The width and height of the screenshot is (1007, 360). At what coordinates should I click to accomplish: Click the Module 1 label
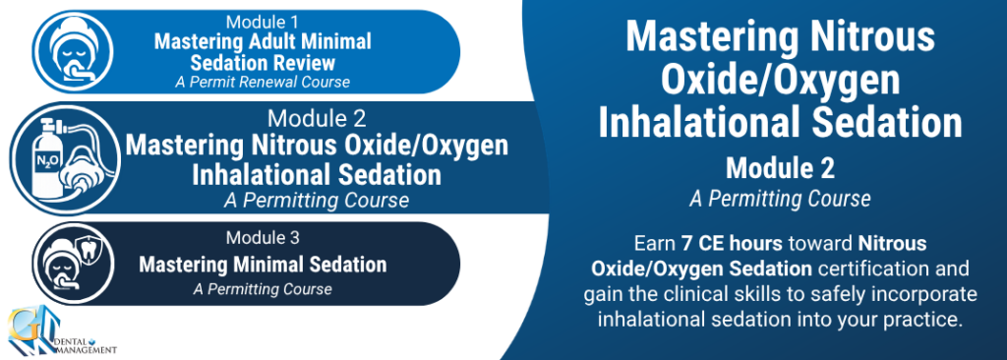(x=263, y=22)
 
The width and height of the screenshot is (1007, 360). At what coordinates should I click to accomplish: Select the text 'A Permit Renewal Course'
(x=263, y=83)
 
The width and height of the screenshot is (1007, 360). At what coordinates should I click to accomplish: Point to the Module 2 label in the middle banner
(x=317, y=118)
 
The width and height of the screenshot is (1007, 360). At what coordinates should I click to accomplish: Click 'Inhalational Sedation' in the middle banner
(x=317, y=175)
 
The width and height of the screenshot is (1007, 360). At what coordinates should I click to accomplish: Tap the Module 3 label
(x=263, y=238)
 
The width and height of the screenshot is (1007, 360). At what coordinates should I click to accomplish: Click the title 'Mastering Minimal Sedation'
(x=263, y=265)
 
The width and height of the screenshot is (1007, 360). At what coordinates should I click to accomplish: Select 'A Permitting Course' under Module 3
(x=263, y=289)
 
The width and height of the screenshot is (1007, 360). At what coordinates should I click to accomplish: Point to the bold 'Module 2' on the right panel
(x=780, y=169)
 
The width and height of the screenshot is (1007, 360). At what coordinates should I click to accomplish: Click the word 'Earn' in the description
(x=654, y=244)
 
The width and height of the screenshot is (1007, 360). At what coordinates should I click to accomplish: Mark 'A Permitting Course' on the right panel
(x=780, y=200)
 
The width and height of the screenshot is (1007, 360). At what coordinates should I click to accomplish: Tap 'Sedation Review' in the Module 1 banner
(x=263, y=63)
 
